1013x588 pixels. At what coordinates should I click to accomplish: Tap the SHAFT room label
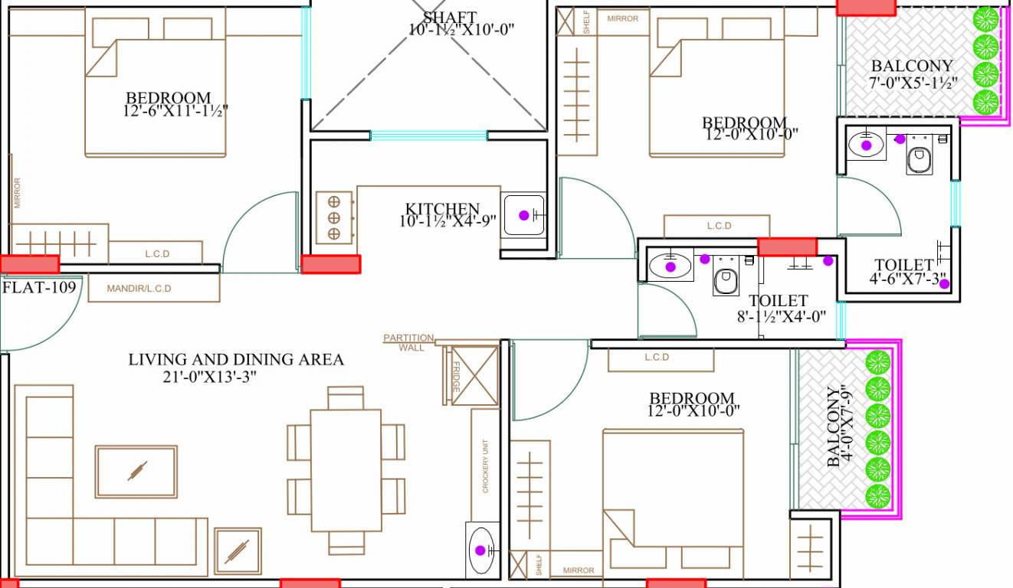tap(449, 18)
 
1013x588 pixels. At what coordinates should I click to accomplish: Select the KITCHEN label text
tap(442, 209)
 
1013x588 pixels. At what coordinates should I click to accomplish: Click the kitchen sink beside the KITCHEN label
tap(524, 215)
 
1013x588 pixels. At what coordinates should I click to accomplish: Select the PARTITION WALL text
tap(410, 342)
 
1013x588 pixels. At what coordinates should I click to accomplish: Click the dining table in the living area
tap(346, 469)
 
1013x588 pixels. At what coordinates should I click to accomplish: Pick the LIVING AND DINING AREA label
tap(236, 359)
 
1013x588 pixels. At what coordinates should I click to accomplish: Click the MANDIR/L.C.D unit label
tap(139, 289)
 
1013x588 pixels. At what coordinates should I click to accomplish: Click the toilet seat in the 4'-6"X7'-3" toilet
tap(919, 160)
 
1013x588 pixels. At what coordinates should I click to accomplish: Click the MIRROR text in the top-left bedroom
tap(17, 193)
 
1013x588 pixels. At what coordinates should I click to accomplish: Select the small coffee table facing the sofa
tap(136, 471)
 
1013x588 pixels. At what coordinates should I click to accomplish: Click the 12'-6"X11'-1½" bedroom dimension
tap(175, 112)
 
